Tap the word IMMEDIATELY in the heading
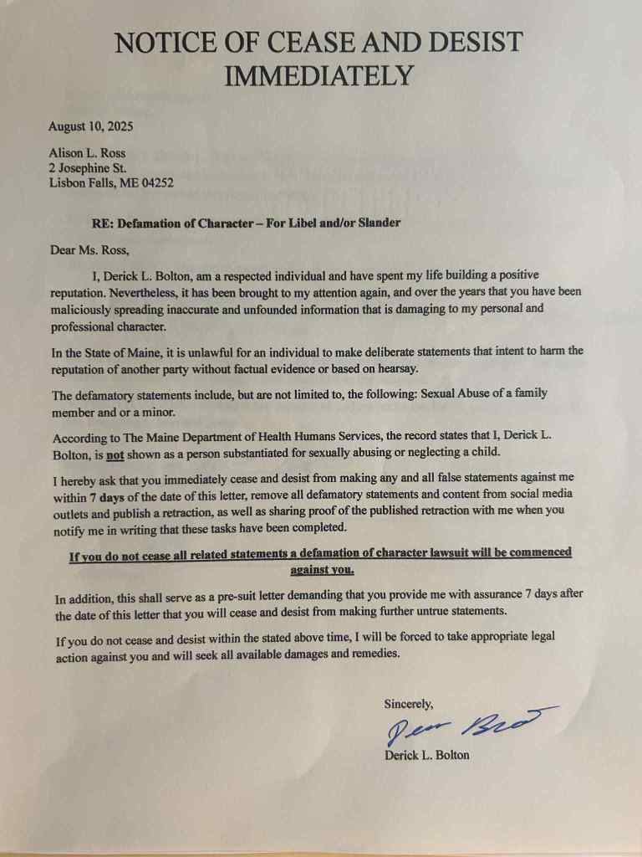pyautogui.click(x=319, y=75)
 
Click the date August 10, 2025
pyautogui.click(x=90, y=127)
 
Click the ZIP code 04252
pyautogui.click(x=156, y=182)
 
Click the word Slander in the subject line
pyautogui.click(x=379, y=223)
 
